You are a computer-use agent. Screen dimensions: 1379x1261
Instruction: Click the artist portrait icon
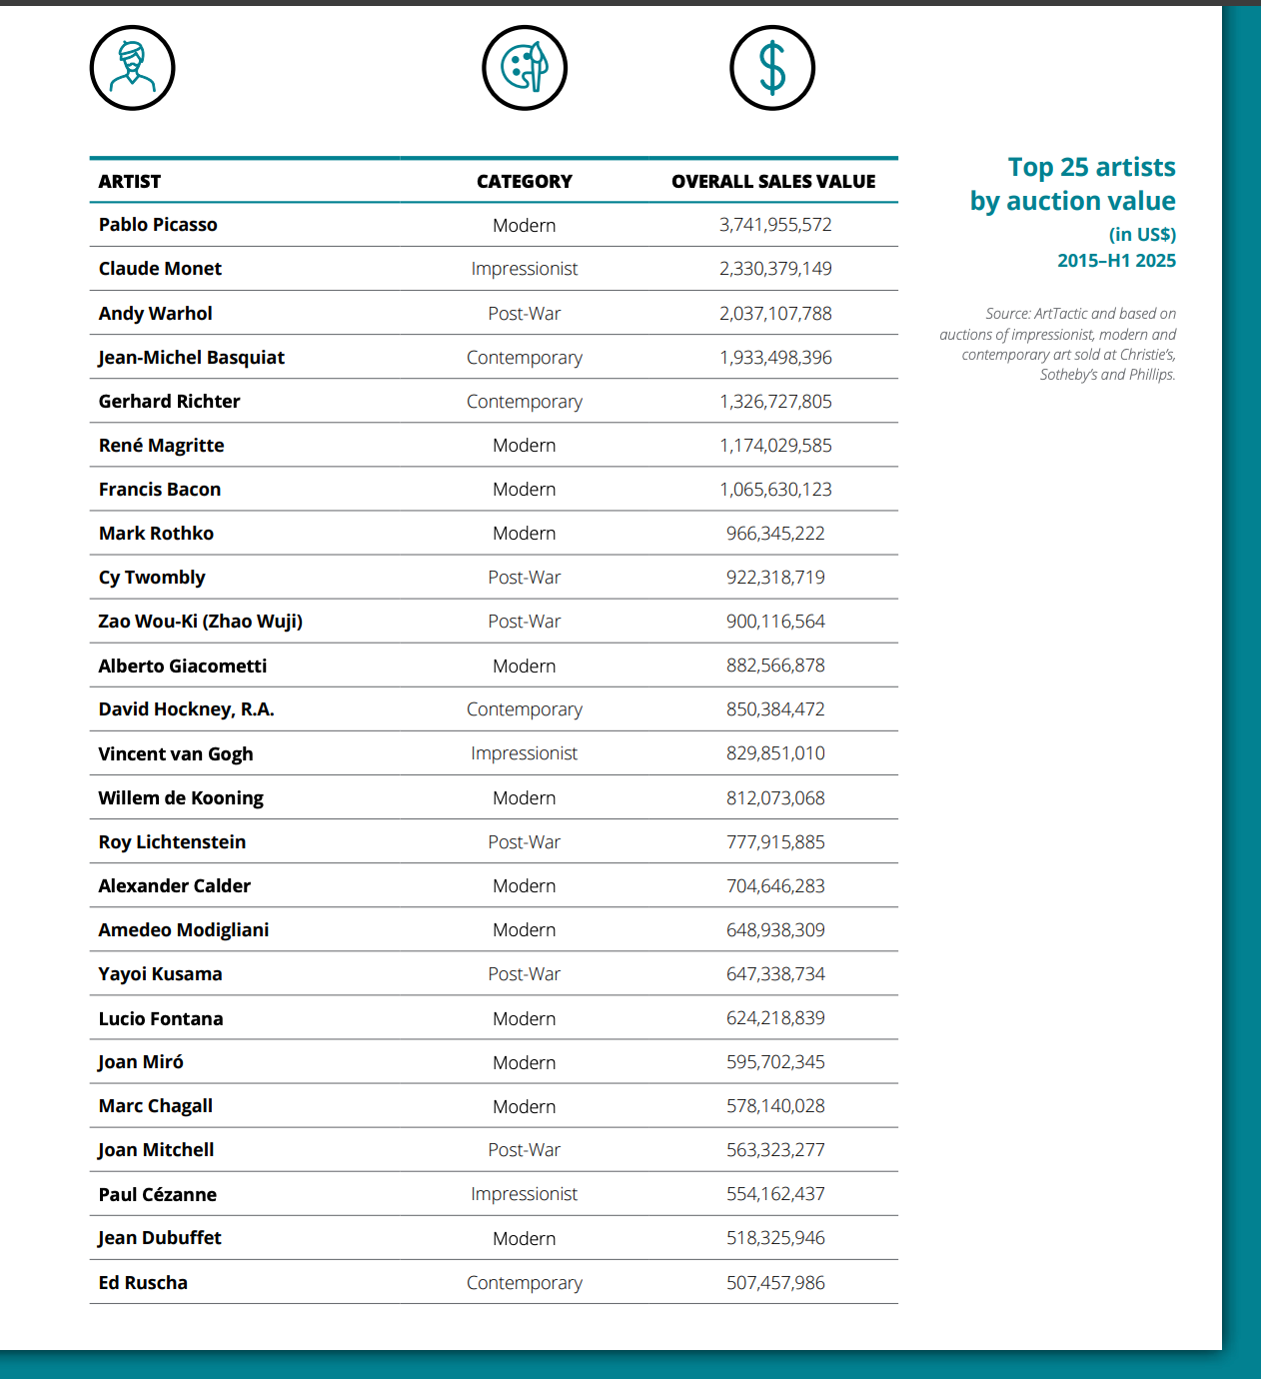[x=132, y=68]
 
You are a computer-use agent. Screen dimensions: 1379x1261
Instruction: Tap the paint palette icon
[x=525, y=68]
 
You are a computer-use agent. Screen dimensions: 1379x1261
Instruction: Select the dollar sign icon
[x=772, y=68]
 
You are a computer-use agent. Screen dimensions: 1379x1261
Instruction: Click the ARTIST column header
[x=130, y=182]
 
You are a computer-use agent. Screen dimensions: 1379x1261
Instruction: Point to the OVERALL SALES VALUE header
[x=773, y=182]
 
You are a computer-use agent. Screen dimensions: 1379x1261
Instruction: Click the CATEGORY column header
[x=525, y=182]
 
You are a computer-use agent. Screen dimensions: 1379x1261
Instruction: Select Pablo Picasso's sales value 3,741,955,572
[x=775, y=225]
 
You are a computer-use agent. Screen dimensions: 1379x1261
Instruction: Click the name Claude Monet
[x=160, y=269]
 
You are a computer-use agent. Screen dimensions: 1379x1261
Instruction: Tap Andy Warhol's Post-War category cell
[x=525, y=314]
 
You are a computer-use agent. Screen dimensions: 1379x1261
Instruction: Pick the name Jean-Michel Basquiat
[x=192, y=358]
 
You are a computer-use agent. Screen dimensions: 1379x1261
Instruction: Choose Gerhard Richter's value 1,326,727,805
[x=775, y=402]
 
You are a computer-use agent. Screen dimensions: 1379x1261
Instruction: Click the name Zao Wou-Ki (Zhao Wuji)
[x=201, y=622]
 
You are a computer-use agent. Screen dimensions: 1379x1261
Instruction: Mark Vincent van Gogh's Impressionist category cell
[x=525, y=753]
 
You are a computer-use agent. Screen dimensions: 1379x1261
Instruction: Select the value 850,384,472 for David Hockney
[x=775, y=709]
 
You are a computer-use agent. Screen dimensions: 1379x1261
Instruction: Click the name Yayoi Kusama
[x=160, y=974]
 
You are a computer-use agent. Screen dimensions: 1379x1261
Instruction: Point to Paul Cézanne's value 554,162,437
[x=775, y=1194]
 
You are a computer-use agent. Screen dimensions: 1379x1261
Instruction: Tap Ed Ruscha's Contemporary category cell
[x=525, y=1283]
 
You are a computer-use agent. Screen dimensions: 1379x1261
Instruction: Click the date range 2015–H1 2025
[x=1116, y=261]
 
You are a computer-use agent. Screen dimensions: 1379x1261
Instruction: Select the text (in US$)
[x=1142, y=235]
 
